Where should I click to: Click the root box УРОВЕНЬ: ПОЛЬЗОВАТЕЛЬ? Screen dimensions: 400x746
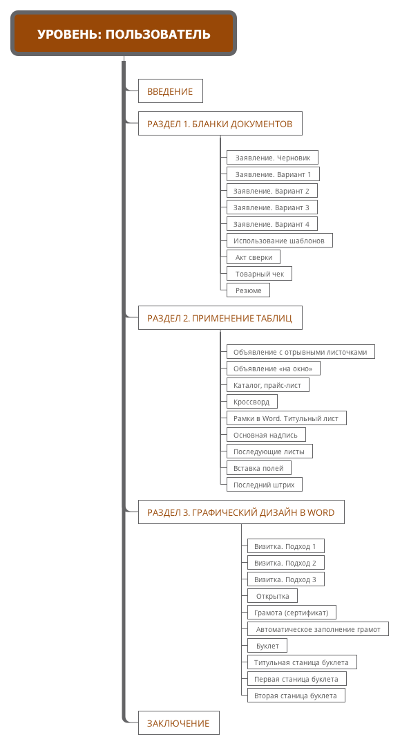click(x=124, y=33)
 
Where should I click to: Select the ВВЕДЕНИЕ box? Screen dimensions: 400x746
click(x=170, y=91)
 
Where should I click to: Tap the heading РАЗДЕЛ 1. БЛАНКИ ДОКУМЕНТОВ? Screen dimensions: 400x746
click(x=220, y=124)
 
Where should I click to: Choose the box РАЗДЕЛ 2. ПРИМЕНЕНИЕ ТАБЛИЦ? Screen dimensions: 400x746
click(x=220, y=318)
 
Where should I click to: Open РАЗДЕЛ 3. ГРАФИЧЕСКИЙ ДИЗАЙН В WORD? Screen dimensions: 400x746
click(x=241, y=512)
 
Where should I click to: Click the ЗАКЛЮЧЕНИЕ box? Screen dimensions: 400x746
click(x=179, y=723)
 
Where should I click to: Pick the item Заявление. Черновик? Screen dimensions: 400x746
click(x=272, y=158)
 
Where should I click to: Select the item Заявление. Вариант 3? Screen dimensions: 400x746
click(x=272, y=207)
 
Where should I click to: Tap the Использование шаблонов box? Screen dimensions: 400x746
click(x=280, y=241)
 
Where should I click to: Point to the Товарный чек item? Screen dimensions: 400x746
click(x=259, y=274)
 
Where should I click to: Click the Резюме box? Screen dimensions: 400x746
click(x=248, y=290)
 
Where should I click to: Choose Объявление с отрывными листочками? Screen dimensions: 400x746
click(x=301, y=352)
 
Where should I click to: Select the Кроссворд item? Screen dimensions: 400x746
click(x=252, y=402)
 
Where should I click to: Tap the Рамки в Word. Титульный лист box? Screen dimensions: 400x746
click(x=287, y=418)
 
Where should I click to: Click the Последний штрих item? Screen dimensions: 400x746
click(x=265, y=485)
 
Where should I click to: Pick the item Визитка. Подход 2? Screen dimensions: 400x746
click(x=286, y=563)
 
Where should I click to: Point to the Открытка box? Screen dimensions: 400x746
click(x=272, y=596)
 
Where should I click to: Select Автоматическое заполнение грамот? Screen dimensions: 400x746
click(x=318, y=629)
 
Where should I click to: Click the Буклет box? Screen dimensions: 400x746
click(x=267, y=646)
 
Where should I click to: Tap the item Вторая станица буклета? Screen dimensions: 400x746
click(x=296, y=696)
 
